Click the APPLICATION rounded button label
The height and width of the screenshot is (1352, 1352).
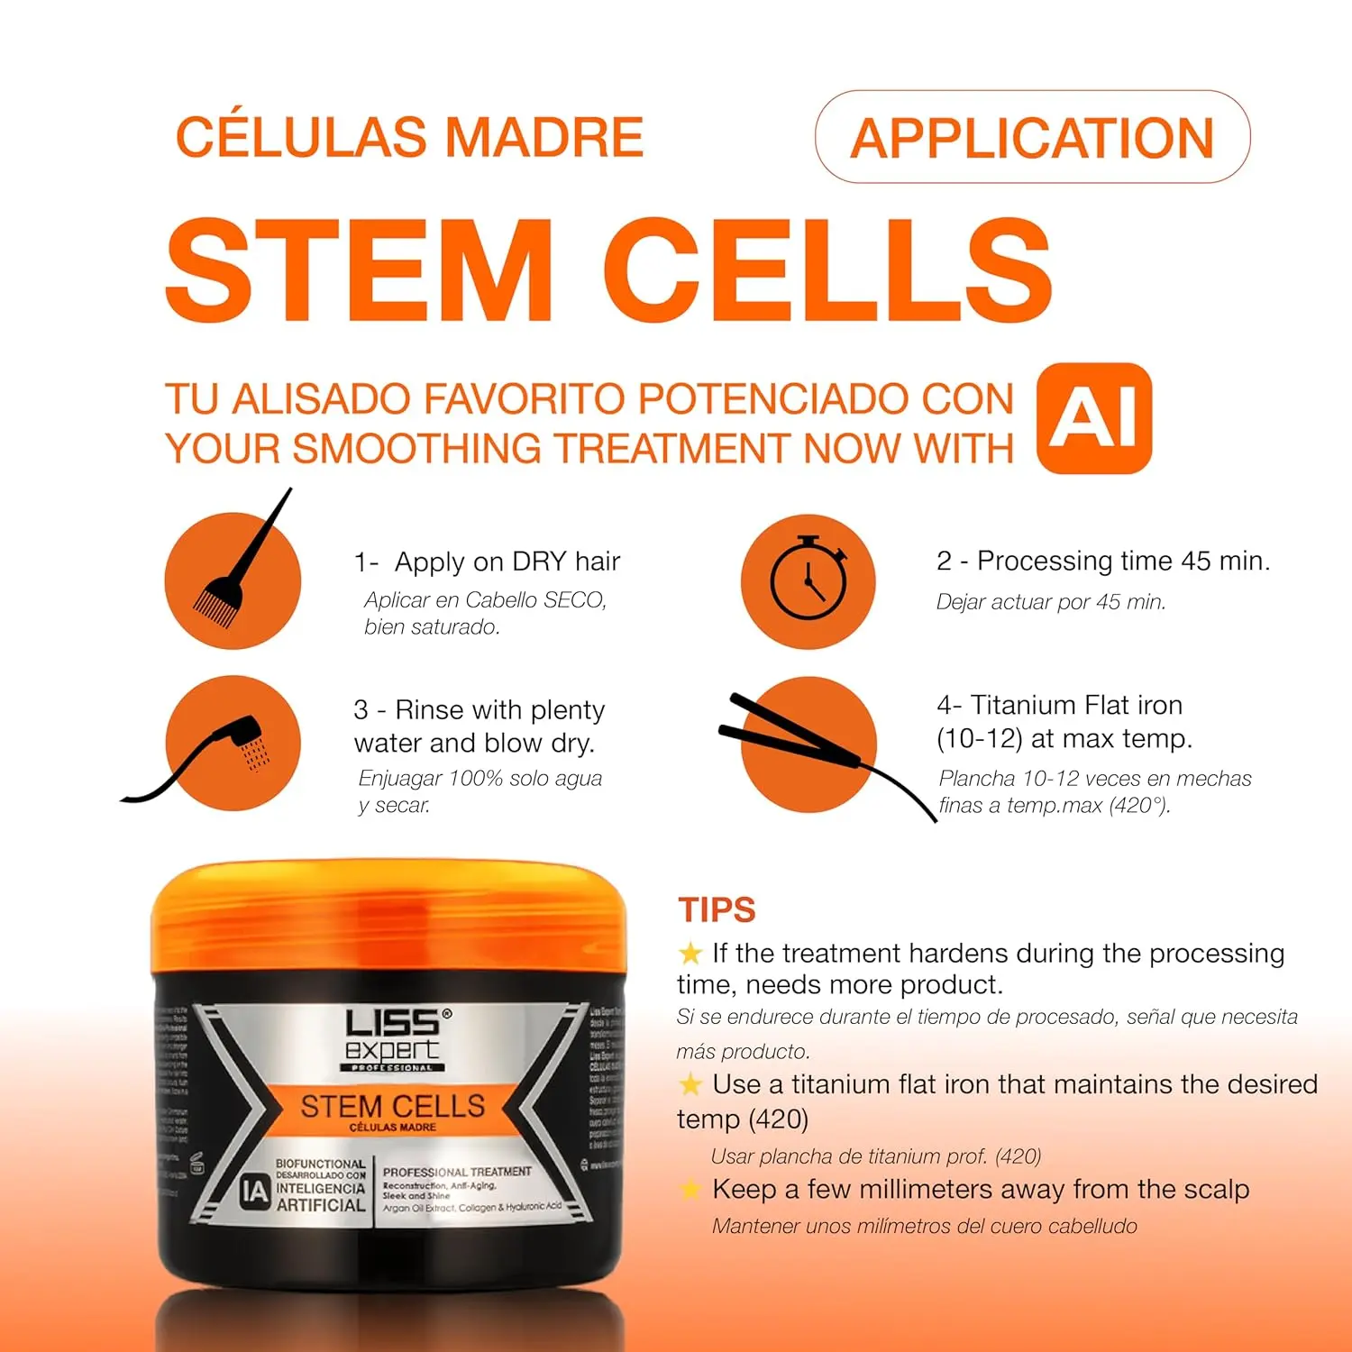click(1032, 138)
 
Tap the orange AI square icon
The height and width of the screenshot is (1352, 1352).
click(1094, 419)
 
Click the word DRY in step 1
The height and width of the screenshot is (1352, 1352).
click(540, 562)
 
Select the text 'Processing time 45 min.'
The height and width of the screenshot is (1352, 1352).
click(1123, 561)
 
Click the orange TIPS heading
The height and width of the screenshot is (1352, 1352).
click(717, 910)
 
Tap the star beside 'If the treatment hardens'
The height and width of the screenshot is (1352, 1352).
click(690, 953)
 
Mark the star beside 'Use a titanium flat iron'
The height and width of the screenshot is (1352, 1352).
click(690, 1084)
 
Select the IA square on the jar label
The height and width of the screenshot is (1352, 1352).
click(255, 1192)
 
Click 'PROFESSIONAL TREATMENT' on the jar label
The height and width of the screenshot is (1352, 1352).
click(457, 1172)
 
